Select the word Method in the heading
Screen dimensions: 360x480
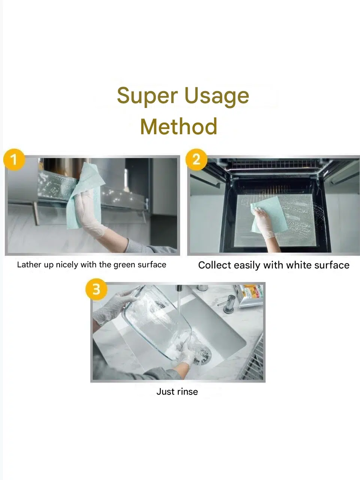(179, 126)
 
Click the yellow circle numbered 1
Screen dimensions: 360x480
(14, 159)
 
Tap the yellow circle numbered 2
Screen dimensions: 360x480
(196, 159)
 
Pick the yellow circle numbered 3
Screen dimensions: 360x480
(96, 289)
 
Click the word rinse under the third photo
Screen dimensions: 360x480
(188, 391)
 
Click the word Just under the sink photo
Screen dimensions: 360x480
(165, 391)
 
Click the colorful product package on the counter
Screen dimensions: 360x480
(249, 295)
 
